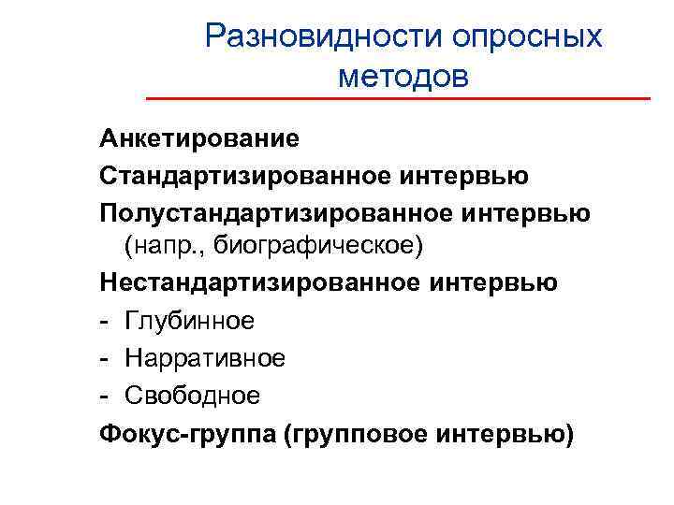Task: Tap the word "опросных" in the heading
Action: [x=528, y=36]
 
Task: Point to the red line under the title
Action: [x=398, y=98]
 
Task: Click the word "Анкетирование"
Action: [x=199, y=139]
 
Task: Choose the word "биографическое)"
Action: [x=319, y=248]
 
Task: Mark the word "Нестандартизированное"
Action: [x=236, y=282]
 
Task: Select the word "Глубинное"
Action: [x=193, y=321]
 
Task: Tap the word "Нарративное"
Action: [x=206, y=357]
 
